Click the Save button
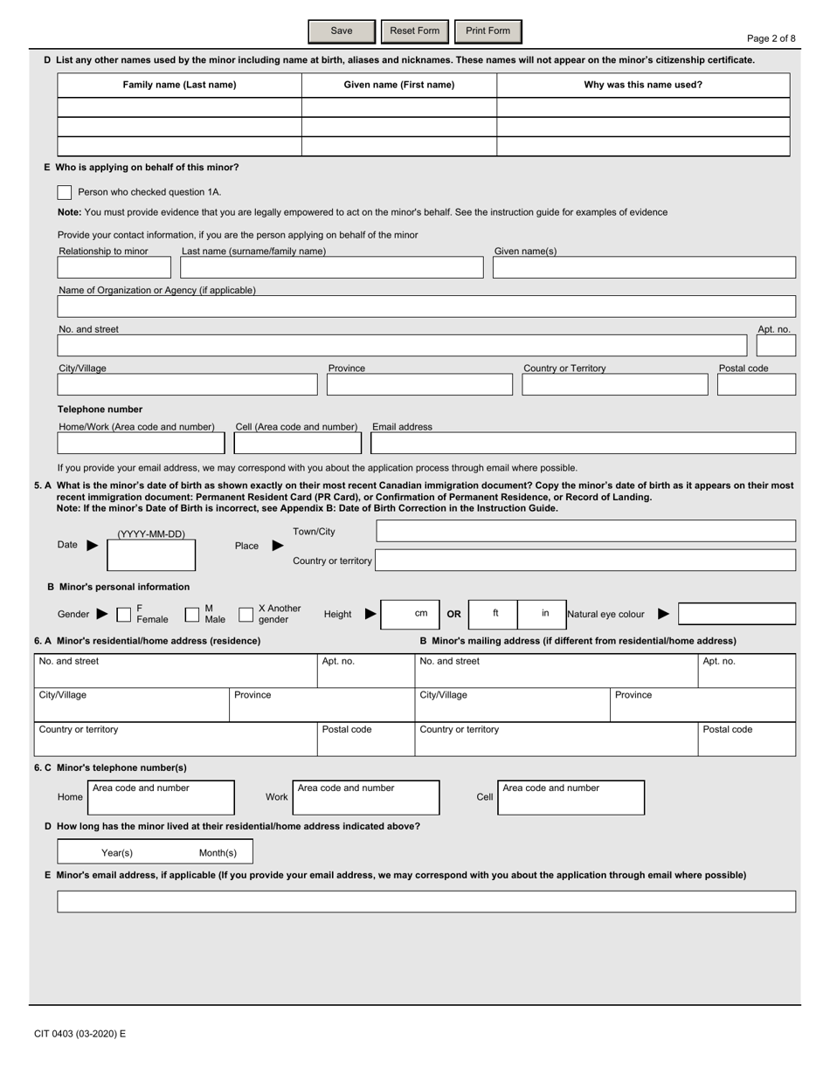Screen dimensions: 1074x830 [342, 31]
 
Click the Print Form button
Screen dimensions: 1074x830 [488, 31]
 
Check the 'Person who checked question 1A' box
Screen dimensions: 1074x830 [64, 192]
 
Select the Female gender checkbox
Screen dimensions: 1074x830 [124, 614]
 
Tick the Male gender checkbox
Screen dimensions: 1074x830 [192, 614]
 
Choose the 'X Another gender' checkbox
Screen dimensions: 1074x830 [246, 614]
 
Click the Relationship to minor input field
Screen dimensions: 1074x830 [114, 267]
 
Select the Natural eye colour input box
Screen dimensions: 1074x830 [737, 614]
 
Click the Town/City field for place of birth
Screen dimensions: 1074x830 [585, 531]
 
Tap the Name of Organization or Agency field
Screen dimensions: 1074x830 [426, 306]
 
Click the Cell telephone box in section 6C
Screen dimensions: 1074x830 [571, 797]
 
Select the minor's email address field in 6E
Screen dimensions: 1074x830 [426, 901]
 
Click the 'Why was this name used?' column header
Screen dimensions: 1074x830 [643, 85]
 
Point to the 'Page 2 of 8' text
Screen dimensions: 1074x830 [771, 38]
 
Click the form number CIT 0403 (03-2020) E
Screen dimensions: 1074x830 [80, 1034]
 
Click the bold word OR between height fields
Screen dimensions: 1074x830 [453, 614]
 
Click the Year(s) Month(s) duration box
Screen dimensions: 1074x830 [155, 852]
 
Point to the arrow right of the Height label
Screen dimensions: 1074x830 [370, 614]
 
